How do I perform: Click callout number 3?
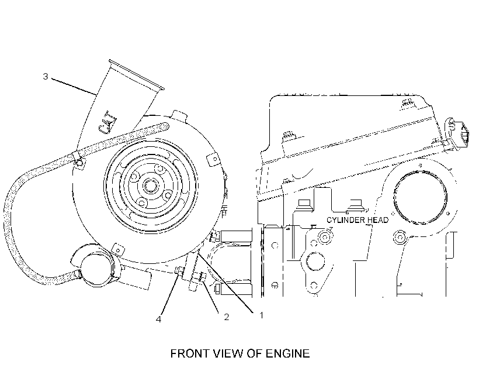(x=46, y=76)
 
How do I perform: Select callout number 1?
(x=261, y=315)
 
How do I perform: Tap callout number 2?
(x=227, y=317)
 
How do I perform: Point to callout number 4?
(x=158, y=320)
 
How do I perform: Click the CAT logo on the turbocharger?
(x=107, y=122)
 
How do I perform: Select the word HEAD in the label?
(x=378, y=220)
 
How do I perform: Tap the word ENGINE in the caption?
(x=287, y=353)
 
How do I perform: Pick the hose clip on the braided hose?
(x=78, y=159)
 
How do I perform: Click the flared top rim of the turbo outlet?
(x=137, y=74)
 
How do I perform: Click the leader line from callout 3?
(x=74, y=87)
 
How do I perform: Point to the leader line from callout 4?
(x=169, y=293)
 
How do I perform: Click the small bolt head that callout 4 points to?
(x=179, y=270)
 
